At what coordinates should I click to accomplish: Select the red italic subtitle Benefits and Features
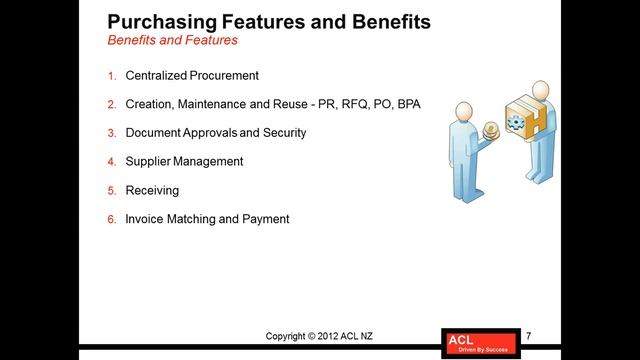click(171, 41)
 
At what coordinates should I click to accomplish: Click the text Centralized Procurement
click(192, 75)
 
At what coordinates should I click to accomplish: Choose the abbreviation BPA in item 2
click(408, 104)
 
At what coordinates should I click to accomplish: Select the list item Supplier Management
click(184, 161)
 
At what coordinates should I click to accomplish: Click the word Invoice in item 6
click(146, 218)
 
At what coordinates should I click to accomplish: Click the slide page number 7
click(528, 335)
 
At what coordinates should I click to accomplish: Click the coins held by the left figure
click(491, 130)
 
